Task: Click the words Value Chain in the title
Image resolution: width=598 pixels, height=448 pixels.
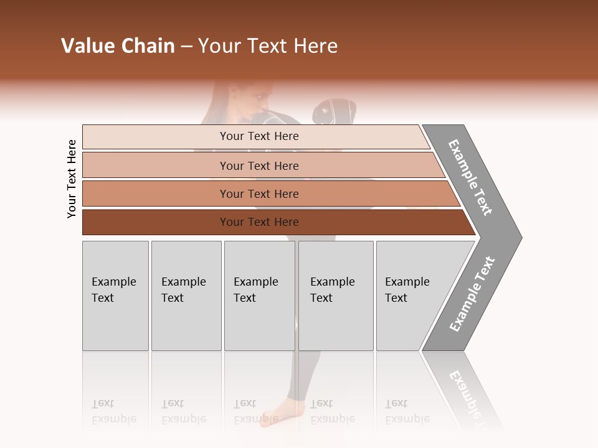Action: (x=118, y=46)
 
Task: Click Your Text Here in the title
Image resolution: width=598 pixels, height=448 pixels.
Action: (x=268, y=46)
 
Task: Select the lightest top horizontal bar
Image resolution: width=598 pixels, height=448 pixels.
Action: (x=255, y=136)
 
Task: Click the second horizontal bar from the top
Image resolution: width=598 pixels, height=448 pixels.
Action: (x=259, y=166)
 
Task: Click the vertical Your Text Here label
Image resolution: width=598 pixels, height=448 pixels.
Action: (x=72, y=179)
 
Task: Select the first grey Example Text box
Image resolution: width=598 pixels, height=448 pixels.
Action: (x=115, y=295)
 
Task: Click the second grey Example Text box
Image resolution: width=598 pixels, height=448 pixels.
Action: (x=186, y=295)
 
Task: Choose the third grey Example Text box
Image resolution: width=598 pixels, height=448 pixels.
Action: (x=259, y=295)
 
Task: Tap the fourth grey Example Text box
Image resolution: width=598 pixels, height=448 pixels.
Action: (x=336, y=295)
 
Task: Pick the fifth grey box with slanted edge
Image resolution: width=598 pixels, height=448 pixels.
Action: (x=411, y=295)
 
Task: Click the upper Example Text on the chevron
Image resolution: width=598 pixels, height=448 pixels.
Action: (x=470, y=177)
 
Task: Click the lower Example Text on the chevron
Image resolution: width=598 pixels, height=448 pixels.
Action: (x=472, y=294)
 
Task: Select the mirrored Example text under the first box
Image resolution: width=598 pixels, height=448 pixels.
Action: (x=113, y=419)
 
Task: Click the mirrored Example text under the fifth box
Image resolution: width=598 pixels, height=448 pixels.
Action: (x=407, y=419)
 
